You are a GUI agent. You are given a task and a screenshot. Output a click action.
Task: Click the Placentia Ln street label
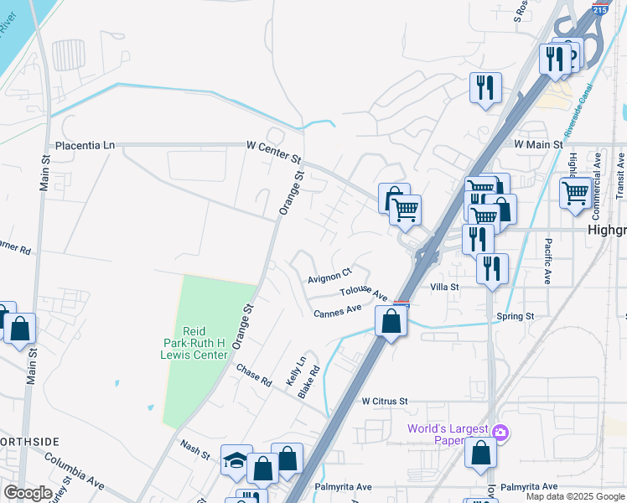click(84, 145)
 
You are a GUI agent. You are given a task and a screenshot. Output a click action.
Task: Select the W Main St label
click(537, 145)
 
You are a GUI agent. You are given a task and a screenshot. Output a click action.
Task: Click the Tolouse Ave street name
click(364, 293)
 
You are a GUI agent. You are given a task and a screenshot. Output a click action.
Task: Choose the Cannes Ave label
click(337, 312)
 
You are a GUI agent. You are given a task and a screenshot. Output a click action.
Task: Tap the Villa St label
click(444, 287)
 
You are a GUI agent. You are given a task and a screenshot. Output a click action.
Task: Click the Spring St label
click(515, 316)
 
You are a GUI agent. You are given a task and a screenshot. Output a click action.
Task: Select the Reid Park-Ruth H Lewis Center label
click(199, 343)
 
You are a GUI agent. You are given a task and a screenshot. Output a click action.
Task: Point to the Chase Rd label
click(254, 375)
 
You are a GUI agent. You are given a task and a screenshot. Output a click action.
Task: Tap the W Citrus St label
click(384, 402)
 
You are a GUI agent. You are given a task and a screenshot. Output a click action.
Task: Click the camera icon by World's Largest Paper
click(500, 432)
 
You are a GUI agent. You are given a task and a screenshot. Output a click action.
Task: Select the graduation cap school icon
click(236, 460)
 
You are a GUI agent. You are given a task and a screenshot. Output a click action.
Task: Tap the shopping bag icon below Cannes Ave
click(391, 321)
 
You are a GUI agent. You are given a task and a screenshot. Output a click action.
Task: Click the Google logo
click(28, 492)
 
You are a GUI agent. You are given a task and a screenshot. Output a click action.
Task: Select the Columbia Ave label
click(74, 473)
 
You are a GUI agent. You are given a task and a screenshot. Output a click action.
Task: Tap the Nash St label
click(195, 449)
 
